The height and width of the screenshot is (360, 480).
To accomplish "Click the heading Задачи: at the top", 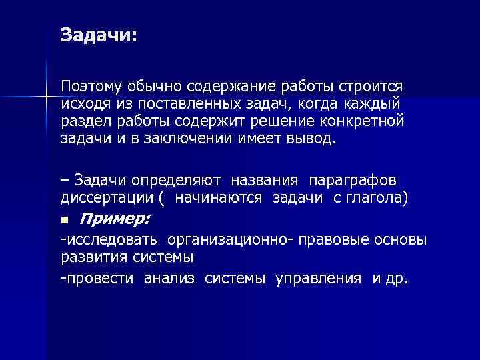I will [98, 35].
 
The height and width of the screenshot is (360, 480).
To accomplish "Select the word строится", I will [370, 87].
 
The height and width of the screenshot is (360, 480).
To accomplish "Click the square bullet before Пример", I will [64, 220].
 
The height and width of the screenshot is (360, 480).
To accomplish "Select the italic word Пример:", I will [115, 219].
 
